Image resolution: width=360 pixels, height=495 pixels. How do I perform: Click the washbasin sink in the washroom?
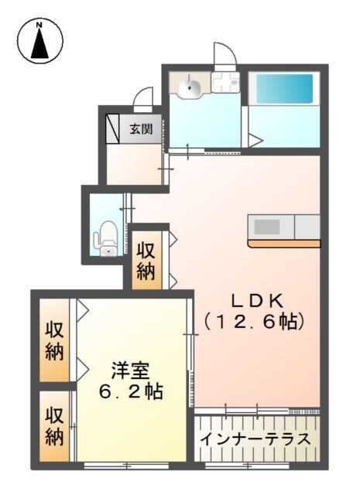click(x=190, y=87)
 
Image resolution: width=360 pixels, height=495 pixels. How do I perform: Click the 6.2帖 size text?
click(x=129, y=391)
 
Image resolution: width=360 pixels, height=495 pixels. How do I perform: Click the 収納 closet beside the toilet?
click(x=146, y=261)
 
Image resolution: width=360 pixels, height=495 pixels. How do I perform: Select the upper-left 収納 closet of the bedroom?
click(x=53, y=340)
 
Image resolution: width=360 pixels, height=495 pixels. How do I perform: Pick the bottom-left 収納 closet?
click(x=53, y=426)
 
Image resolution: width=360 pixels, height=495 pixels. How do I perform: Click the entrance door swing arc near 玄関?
click(x=143, y=99)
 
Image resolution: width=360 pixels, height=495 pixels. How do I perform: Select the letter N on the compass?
click(x=39, y=25)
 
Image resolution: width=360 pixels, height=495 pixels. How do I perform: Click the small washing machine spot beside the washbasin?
click(x=227, y=82)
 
